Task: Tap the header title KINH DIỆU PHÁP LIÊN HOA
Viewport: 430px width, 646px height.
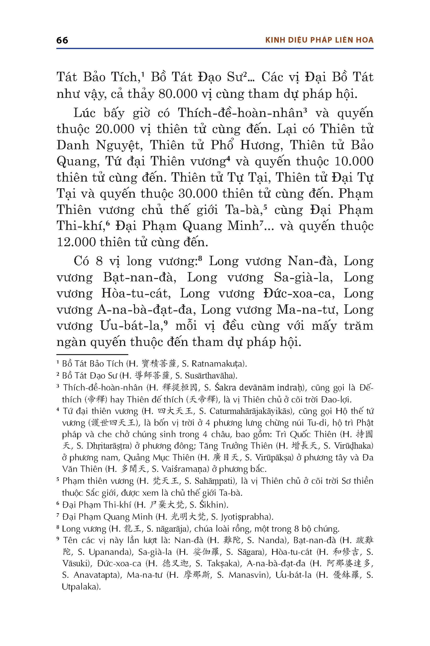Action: pyautogui.click(x=319, y=40)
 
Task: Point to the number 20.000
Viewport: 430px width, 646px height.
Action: pyautogui.click(x=115, y=129)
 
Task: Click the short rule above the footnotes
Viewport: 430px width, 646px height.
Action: pyautogui.click(x=92, y=355)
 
